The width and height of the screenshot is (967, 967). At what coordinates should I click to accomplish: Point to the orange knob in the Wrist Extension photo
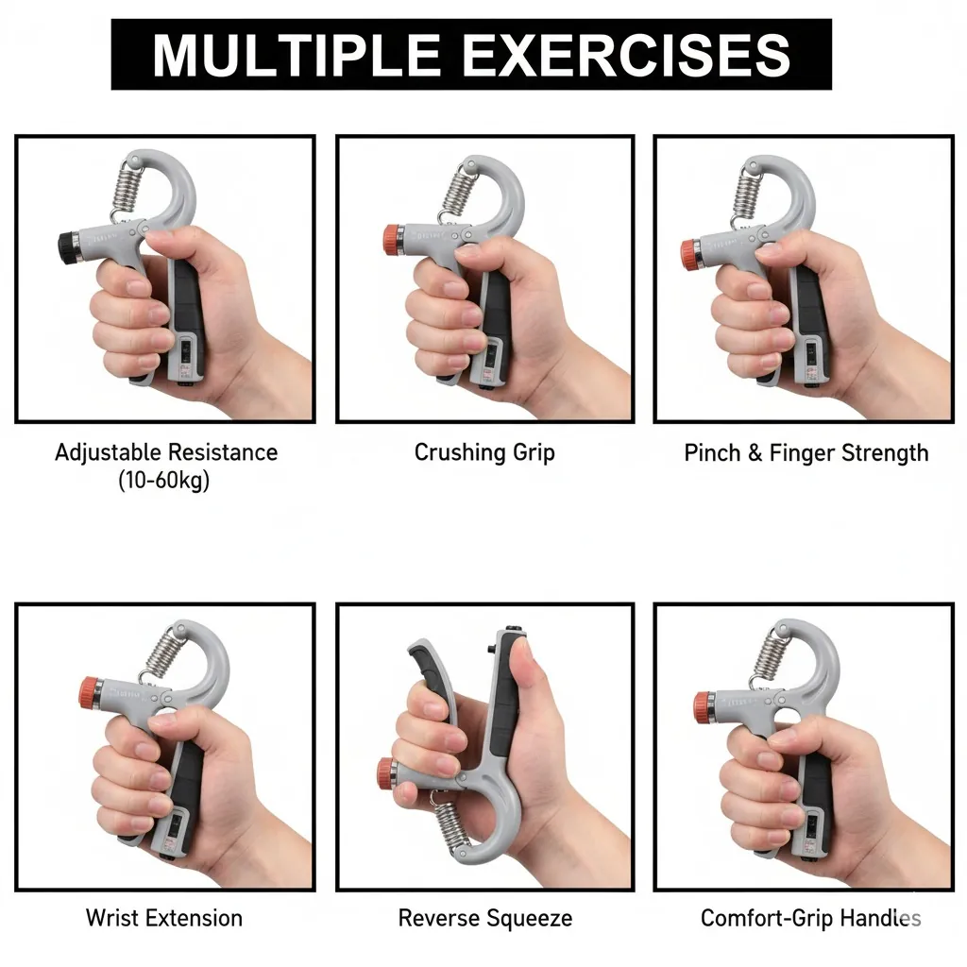(x=90, y=692)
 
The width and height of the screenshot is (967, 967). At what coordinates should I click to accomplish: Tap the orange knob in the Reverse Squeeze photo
(x=386, y=772)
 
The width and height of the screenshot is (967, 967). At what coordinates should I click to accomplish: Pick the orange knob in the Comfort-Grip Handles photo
(x=703, y=706)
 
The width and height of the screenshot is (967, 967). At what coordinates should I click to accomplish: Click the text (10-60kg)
(x=164, y=480)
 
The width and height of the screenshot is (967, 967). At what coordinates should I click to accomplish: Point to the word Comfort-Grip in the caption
(x=762, y=918)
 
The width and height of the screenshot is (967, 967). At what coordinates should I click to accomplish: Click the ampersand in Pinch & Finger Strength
(x=755, y=453)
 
